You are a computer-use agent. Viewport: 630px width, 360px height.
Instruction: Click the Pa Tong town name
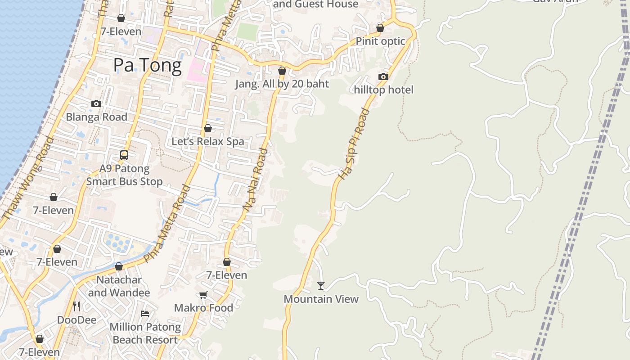click(x=147, y=66)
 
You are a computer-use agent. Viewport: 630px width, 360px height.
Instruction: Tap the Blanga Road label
click(x=96, y=117)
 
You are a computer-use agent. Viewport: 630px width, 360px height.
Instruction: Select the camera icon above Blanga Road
click(x=96, y=103)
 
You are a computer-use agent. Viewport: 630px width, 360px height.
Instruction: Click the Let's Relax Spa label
click(x=207, y=141)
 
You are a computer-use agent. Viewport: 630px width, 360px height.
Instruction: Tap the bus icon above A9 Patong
click(x=124, y=155)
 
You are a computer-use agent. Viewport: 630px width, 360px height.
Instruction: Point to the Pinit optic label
click(x=380, y=41)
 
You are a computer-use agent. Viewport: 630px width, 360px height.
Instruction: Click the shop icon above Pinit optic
click(x=380, y=28)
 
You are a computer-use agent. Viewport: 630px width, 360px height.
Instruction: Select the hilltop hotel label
click(x=383, y=90)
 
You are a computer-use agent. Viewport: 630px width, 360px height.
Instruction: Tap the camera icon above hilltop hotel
click(x=383, y=76)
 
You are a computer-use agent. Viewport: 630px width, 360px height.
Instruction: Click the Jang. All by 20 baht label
click(x=282, y=84)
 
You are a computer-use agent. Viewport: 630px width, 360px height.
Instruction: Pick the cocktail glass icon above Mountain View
click(x=320, y=285)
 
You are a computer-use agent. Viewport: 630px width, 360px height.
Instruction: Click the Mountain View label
click(x=321, y=299)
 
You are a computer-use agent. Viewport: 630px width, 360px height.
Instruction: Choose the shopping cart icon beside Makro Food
click(x=203, y=295)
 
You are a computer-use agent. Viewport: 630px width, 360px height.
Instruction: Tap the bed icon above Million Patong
click(x=145, y=313)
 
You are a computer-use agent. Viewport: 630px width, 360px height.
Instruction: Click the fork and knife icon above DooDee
click(x=76, y=306)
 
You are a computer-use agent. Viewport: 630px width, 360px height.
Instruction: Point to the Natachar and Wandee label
click(x=119, y=286)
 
